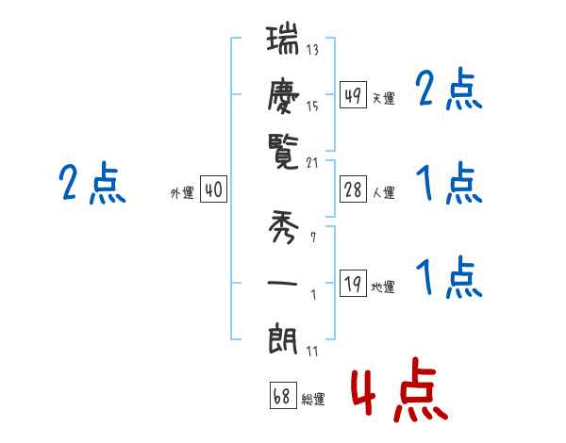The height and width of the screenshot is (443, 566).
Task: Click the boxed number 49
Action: click(353, 95)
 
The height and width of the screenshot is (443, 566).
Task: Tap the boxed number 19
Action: click(353, 284)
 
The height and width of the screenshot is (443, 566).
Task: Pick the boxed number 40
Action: click(213, 190)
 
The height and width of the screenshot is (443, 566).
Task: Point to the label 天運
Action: click(383, 98)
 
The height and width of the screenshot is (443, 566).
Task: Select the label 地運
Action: click(383, 287)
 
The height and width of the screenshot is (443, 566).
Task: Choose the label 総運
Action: click(313, 400)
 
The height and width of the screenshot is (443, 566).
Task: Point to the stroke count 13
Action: click(312, 49)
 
